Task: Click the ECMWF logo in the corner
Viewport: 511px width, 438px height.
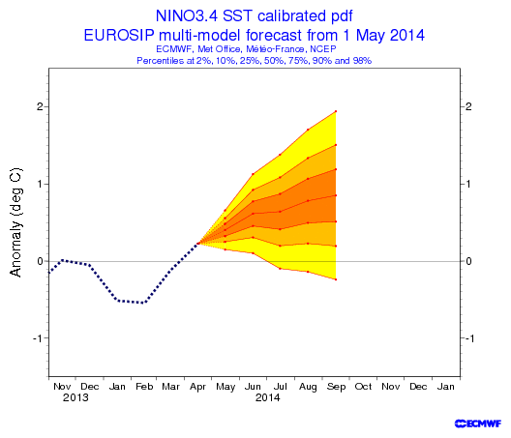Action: (478, 423)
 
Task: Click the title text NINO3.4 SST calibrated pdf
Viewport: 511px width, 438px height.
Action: (255, 16)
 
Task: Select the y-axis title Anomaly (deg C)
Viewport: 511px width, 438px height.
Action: (15, 222)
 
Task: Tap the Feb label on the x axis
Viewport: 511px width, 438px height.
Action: (144, 387)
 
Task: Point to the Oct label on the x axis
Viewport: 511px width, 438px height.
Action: (363, 387)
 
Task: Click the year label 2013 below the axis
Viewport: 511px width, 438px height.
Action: (75, 397)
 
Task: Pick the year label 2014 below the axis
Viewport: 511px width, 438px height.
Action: (267, 397)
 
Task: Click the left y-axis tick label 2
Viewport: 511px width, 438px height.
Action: (40, 106)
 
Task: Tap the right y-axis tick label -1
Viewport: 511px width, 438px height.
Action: (469, 338)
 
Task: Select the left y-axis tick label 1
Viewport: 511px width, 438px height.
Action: (41, 184)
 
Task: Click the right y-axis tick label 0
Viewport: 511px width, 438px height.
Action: (468, 261)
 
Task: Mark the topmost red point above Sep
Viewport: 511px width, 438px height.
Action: (336, 111)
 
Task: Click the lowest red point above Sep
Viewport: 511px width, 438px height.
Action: (336, 279)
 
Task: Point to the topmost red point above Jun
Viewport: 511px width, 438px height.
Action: (253, 174)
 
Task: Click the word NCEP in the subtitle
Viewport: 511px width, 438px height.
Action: (323, 49)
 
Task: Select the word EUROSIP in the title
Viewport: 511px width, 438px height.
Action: (119, 35)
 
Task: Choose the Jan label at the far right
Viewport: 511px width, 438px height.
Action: (445, 387)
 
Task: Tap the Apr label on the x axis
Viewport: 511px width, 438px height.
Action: (197, 387)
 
